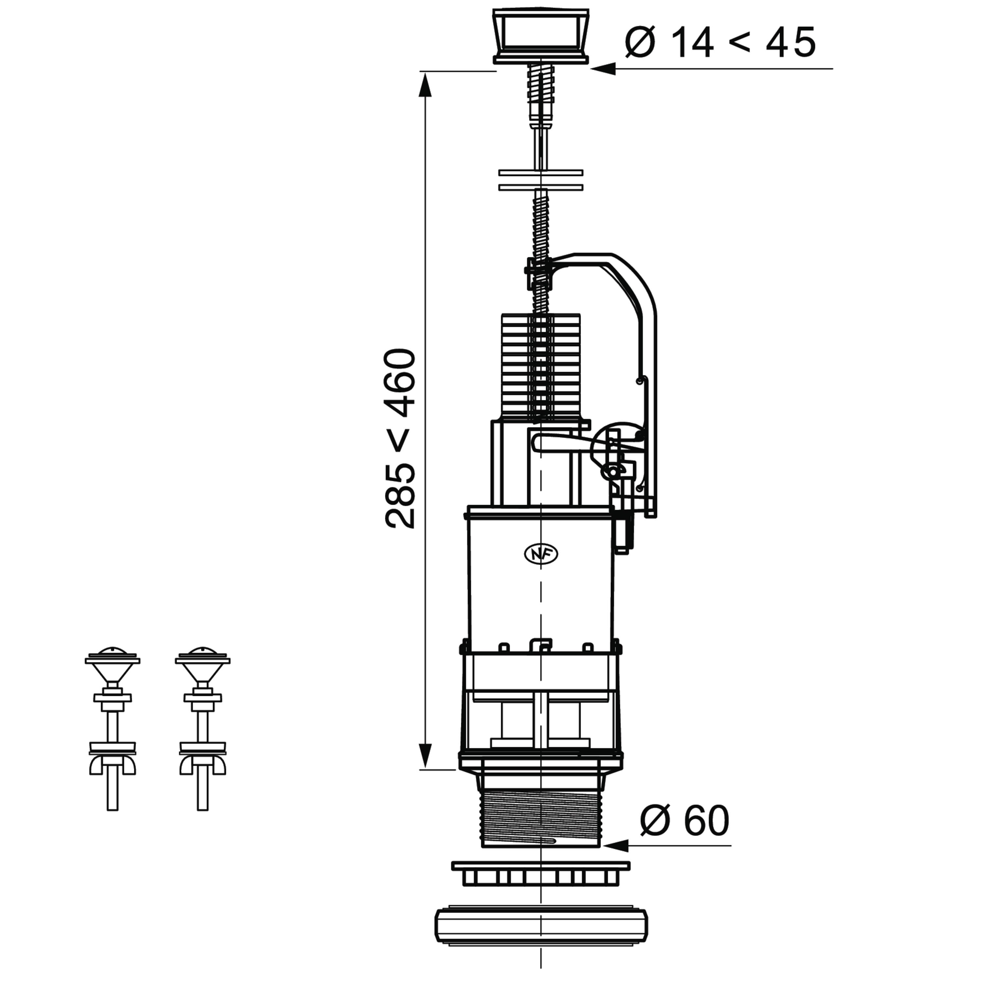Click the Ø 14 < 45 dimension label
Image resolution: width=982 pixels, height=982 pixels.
(720, 42)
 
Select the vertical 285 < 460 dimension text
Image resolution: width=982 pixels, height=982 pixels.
(401, 439)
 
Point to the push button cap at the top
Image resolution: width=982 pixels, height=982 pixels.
(541, 36)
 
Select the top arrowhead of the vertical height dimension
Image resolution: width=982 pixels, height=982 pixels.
(425, 84)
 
